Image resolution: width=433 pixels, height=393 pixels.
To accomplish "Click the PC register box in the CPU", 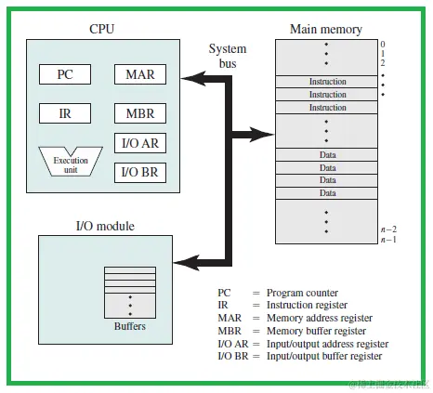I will [x=66, y=73].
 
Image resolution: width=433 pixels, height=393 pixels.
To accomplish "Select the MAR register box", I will [x=140, y=73].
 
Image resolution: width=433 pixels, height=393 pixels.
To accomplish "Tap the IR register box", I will [x=66, y=114].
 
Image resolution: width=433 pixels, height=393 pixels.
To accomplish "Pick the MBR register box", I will [x=140, y=114].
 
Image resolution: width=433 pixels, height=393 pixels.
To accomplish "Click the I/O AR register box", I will [x=140, y=144].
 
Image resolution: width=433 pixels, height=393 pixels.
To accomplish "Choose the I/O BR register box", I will [x=140, y=172].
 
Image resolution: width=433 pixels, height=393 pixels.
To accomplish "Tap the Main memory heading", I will [x=325, y=29].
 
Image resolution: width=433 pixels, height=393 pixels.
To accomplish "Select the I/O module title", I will [x=104, y=226].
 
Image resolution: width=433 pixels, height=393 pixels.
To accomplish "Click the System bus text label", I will [x=228, y=56].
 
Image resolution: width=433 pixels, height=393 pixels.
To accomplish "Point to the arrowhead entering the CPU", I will [x=189, y=81].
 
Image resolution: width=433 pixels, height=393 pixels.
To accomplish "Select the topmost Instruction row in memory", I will [x=326, y=82].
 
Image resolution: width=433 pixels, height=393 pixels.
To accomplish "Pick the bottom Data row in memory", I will [x=326, y=192].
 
